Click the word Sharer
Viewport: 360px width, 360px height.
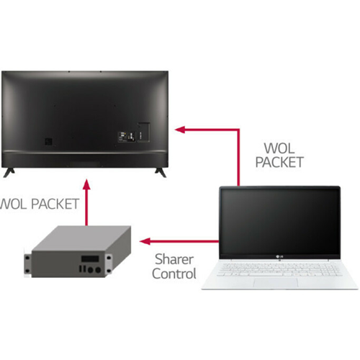click(174, 259)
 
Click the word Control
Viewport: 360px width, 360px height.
click(174, 274)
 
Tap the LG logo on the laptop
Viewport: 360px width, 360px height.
click(279, 257)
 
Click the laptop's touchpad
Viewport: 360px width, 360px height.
click(276, 283)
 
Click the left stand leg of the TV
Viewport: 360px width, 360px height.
click(9, 172)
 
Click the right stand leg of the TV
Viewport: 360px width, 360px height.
click(161, 172)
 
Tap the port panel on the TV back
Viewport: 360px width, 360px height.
click(127, 137)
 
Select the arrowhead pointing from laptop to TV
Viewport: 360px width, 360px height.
click(180, 130)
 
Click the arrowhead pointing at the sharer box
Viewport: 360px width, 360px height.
click(145, 241)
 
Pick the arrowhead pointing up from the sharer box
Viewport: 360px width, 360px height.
click(86, 185)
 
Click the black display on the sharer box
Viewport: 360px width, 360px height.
click(90, 258)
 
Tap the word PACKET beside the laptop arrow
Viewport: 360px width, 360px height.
click(279, 162)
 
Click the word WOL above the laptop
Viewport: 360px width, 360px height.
click(279, 148)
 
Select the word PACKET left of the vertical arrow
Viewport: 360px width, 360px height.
click(55, 204)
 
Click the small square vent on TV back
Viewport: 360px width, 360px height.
click(48, 141)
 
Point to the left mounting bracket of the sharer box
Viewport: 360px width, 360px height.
click(27, 265)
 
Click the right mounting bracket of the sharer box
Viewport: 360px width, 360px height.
click(109, 264)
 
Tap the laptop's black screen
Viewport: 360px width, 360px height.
click(280, 222)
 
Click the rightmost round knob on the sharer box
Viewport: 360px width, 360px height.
click(98, 270)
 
